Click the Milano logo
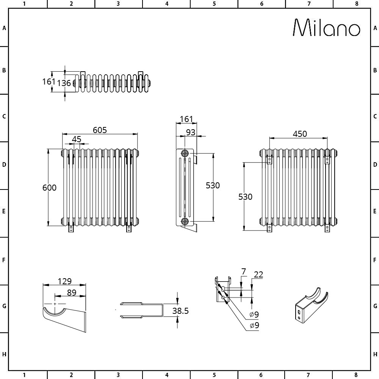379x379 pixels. pos(327,28)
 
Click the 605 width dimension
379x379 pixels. pos(100,130)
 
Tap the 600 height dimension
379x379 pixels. pos(49,188)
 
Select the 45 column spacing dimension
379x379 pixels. pos(77,139)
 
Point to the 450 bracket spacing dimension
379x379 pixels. pos(300,134)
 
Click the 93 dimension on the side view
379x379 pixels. pos(191,132)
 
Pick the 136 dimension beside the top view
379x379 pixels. pos(64,83)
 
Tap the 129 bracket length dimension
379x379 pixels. pos(64,281)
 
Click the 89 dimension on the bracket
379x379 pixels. pos(72,293)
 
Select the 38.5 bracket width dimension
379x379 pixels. pos(180,311)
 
